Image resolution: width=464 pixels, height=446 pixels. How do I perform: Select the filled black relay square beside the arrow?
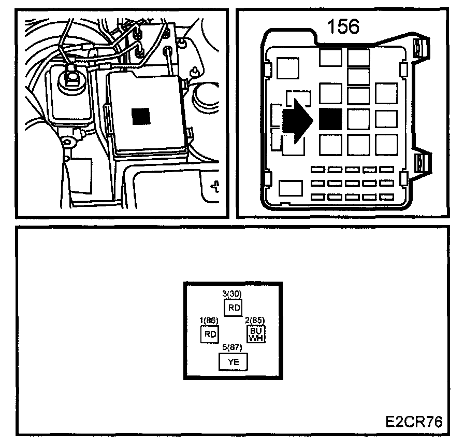pyautogui.click(x=330, y=120)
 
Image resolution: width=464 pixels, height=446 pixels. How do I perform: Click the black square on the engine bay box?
pyautogui.click(x=140, y=117)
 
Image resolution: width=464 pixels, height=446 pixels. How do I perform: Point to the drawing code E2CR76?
pyautogui.click(x=414, y=421)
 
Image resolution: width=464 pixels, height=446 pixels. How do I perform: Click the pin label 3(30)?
pyautogui.click(x=233, y=294)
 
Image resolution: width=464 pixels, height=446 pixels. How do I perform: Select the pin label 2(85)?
pyautogui.click(x=255, y=320)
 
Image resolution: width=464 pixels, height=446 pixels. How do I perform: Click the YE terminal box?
pyautogui.click(x=233, y=362)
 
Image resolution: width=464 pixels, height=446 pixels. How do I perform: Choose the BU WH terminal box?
pyautogui.click(x=256, y=334)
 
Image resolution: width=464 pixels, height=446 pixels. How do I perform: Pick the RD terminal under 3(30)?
pyautogui.click(x=233, y=307)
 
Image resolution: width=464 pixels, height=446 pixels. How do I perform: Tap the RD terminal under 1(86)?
pyautogui.click(x=209, y=334)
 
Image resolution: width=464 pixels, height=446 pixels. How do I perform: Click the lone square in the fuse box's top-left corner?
pyautogui.click(x=288, y=67)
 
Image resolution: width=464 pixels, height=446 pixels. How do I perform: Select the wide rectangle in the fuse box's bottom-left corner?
pyautogui.click(x=291, y=188)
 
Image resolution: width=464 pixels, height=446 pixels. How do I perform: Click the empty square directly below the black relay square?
pyautogui.click(x=330, y=145)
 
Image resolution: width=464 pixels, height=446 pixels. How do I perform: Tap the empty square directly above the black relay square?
pyautogui.click(x=330, y=94)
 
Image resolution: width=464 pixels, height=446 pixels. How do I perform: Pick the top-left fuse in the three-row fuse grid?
pyautogui.click(x=318, y=170)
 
